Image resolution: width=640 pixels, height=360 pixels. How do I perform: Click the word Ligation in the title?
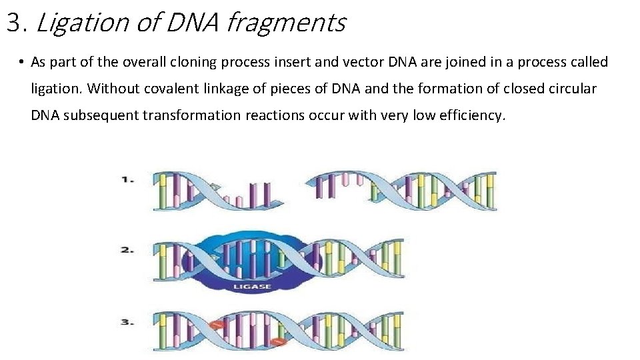pyautogui.click(x=81, y=23)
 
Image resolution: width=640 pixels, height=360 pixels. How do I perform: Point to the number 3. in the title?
pyautogui.click(x=17, y=23)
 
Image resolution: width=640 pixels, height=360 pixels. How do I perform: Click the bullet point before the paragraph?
pyautogui.click(x=22, y=63)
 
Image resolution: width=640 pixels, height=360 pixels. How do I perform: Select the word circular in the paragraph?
pyautogui.click(x=571, y=88)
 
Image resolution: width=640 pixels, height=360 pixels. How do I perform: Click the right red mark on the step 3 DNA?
pyautogui.click(x=279, y=343)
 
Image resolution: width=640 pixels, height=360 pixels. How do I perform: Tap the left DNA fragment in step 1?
pyautogui.click(x=213, y=191)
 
